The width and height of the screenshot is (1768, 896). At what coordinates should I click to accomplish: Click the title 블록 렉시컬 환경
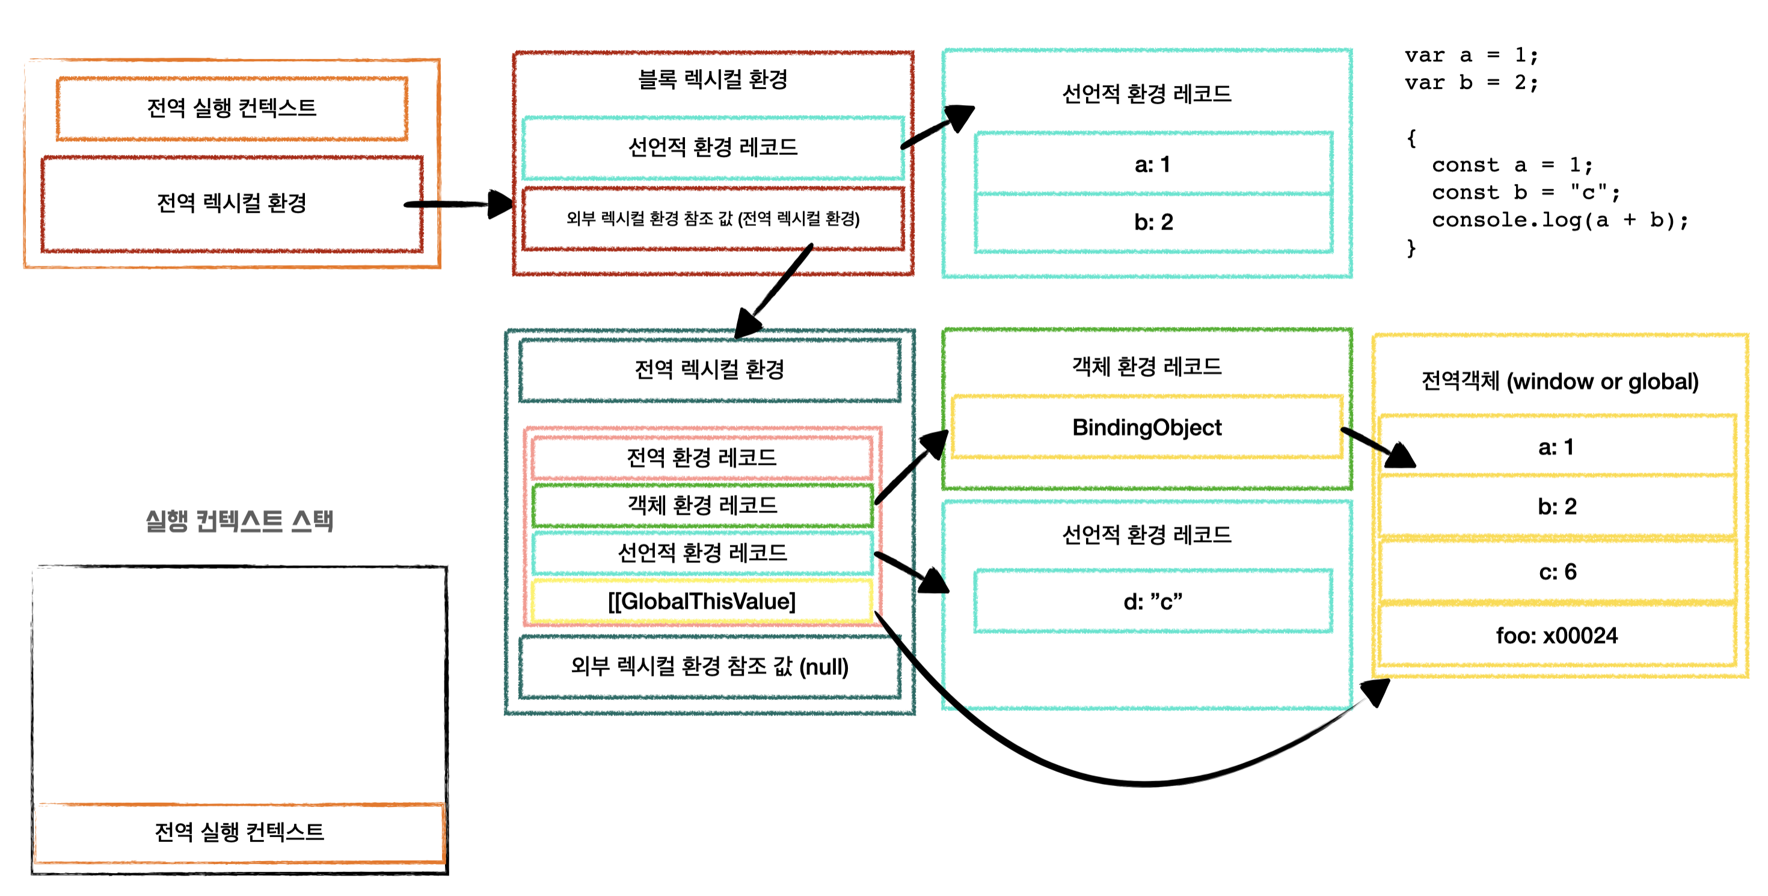pos(713,79)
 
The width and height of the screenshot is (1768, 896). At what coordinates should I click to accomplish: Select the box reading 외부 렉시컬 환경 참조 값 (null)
pos(710,666)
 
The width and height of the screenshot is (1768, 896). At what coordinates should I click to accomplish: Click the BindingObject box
pos(1146,428)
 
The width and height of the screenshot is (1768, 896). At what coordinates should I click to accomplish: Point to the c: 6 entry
pos(1556,571)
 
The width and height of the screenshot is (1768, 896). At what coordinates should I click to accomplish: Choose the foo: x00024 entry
pos(1556,635)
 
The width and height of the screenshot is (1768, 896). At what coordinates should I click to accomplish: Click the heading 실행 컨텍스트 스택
pos(239,521)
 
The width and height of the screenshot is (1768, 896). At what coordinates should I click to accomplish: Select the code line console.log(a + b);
pos(1559,220)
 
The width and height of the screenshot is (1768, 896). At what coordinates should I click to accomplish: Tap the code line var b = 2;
pos(1471,83)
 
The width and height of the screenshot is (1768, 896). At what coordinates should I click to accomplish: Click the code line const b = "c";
pos(1525,193)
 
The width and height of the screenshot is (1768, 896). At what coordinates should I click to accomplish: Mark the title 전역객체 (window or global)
pos(1559,381)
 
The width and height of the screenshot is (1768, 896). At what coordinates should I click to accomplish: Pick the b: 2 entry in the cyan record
pos(1153,222)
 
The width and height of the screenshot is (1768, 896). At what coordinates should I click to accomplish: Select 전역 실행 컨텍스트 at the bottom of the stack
pos(239,832)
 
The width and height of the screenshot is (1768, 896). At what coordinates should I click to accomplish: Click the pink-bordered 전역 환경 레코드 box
pos(701,458)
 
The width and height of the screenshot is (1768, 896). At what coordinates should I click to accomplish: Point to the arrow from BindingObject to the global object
pos(1376,447)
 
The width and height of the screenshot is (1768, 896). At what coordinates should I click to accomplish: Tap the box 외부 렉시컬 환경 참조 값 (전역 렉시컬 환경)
pos(713,219)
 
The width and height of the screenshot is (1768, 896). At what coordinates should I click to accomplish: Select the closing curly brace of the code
pos(1411,248)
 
